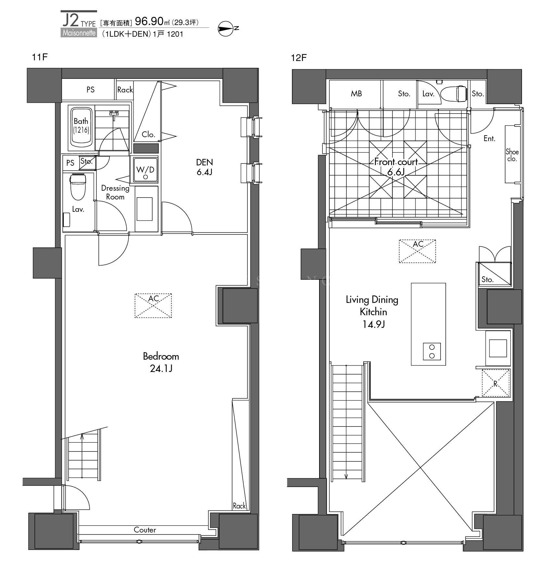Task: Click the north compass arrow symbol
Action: click(x=226, y=29)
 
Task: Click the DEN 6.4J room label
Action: click(x=205, y=167)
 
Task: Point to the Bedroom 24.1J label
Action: click(x=161, y=362)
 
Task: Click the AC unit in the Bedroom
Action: click(x=153, y=305)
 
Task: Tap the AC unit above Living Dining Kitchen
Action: click(x=417, y=251)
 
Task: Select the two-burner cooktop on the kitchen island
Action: click(x=432, y=351)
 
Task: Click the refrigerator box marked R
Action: click(x=496, y=383)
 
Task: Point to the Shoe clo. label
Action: click(x=512, y=155)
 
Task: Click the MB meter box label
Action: click(x=356, y=94)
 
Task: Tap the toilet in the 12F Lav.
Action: click(x=455, y=93)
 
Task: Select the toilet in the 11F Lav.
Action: click(x=78, y=186)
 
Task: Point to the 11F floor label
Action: click(x=40, y=57)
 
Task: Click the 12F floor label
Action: click(x=299, y=58)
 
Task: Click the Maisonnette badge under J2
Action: click(x=79, y=33)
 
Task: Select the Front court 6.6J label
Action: click(x=396, y=167)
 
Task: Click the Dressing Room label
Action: click(x=115, y=192)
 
